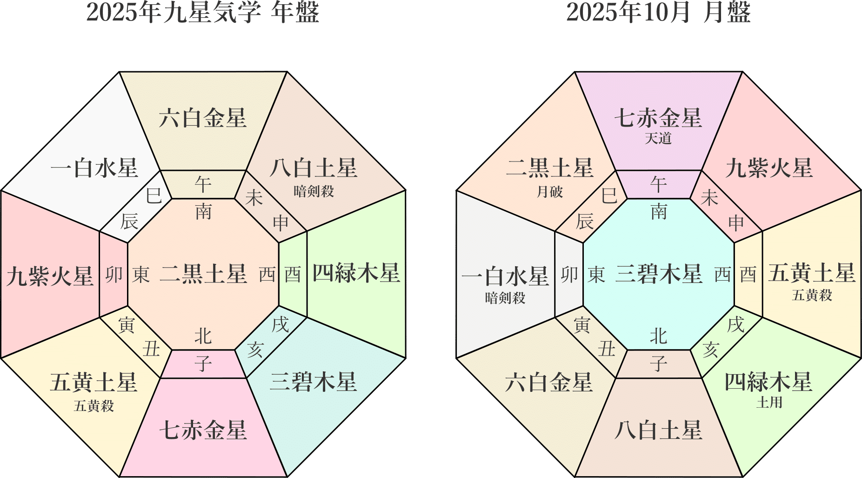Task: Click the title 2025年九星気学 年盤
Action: click(202, 13)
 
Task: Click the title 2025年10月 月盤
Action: click(658, 13)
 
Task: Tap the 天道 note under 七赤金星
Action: click(658, 138)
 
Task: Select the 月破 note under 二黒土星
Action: click(549, 192)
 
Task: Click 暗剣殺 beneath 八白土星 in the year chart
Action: click(314, 191)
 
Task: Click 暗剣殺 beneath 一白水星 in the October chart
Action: click(505, 298)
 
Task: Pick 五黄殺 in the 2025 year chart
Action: click(94, 406)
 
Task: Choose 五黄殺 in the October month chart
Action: click(812, 296)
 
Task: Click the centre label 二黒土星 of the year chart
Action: click(203, 274)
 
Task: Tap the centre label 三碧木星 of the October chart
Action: click(658, 274)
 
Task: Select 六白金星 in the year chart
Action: click(202, 118)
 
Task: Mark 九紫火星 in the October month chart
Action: click(768, 168)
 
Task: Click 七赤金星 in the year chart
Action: click(202, 430)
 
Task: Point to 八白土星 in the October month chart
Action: click(658, 430)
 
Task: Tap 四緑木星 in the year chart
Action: click(356, 273)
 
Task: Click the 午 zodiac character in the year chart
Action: click(203, 185)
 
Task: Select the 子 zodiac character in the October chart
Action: click(658, 364)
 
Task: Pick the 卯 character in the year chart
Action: click(114, 275)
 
